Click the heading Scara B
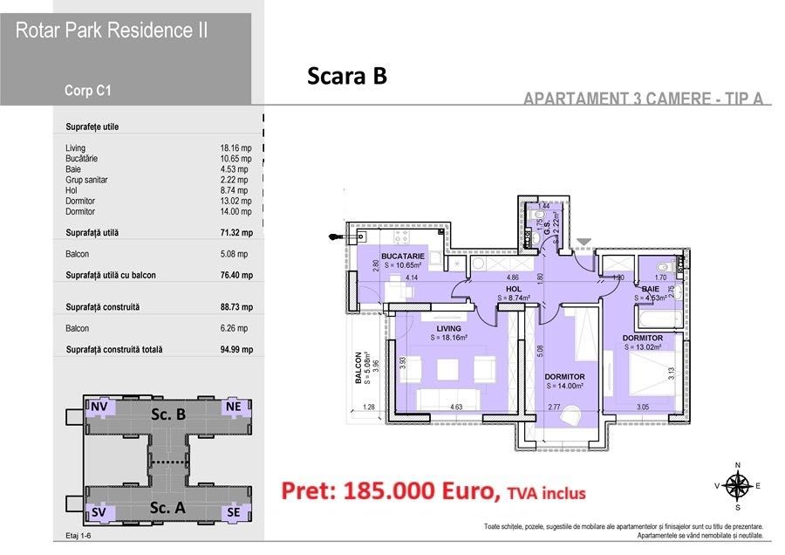(346, 77)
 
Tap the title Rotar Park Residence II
(112, 31)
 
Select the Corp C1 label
(87, 89)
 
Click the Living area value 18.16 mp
(235, 148)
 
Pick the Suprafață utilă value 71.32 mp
(235, 233)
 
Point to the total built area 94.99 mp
(235, 349)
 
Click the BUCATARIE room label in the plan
(403, 256)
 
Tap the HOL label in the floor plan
(515, 289)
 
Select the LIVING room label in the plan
(448, 327)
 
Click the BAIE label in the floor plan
(651, 287)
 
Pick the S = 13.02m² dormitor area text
(645, 346)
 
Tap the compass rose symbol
(739, 485)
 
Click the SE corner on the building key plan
(233, 512)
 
